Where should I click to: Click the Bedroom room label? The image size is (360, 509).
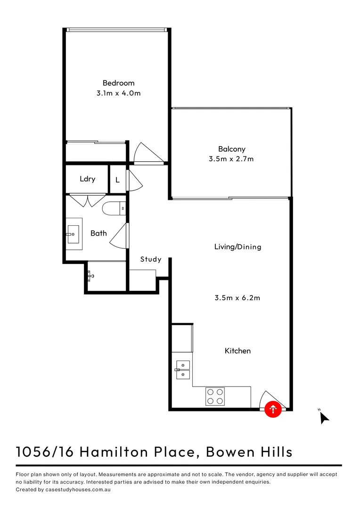[118, 83]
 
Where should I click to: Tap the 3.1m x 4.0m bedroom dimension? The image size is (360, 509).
[118, 93]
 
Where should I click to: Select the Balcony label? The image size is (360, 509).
[231, 149]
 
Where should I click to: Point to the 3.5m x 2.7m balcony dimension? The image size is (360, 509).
[231, 159]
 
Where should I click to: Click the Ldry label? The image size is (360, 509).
[87, 179]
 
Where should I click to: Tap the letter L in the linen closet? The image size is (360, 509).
[117, 180]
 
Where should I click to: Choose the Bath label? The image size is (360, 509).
[98, 233]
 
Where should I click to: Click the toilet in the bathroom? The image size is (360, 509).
[114, 208]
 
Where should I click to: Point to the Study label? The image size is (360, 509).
[151, 259]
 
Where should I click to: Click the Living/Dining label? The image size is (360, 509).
[237, 246]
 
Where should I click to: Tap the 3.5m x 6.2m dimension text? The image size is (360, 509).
[237, 298]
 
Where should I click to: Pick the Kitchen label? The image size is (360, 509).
[237, 351]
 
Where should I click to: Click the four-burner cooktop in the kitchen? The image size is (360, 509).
[214, 396]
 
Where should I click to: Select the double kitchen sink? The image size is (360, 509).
[183, 370]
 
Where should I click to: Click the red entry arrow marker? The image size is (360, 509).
[273, 409]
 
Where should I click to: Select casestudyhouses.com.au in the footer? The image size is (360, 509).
[77, 490]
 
